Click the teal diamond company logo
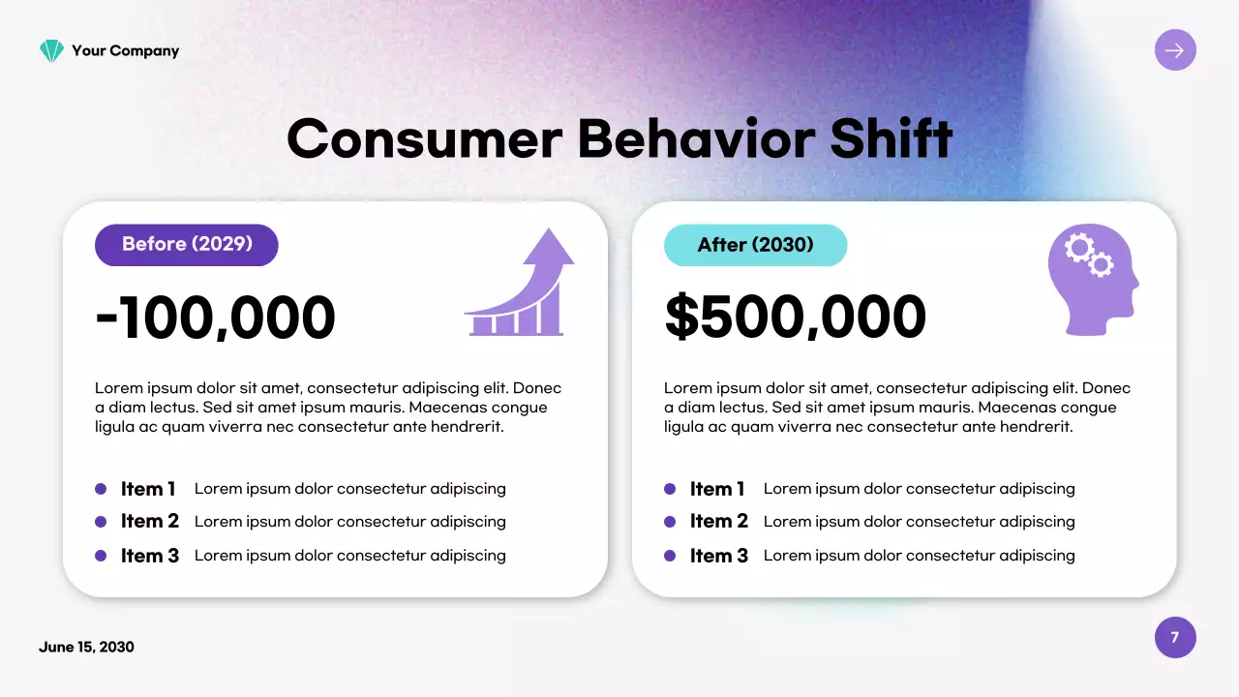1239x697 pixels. [51, 51]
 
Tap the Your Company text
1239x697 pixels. [126, 51]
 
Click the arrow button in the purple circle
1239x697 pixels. [1175, 50]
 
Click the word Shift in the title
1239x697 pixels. [891, 138]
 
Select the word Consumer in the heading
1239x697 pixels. [425, 138]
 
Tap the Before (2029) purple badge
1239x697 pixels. [187, 245]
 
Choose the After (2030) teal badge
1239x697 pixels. [755, 245]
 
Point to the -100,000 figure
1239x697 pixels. [215, 317]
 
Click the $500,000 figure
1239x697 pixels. [795, 317]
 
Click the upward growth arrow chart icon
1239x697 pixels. [520, 282]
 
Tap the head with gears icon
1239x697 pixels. [1093, 280]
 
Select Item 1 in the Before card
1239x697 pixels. [148, 489]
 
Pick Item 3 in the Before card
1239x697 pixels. [150, 556]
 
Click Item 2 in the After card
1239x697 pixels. [719, 521]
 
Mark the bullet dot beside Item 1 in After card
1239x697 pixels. [670, 489]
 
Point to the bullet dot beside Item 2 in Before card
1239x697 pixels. [101, 522]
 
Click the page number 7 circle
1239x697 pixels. [1175, 637]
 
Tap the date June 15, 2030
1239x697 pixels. [86, 648]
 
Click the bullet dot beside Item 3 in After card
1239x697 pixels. [670, 556]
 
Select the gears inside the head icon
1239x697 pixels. [1089, 256]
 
